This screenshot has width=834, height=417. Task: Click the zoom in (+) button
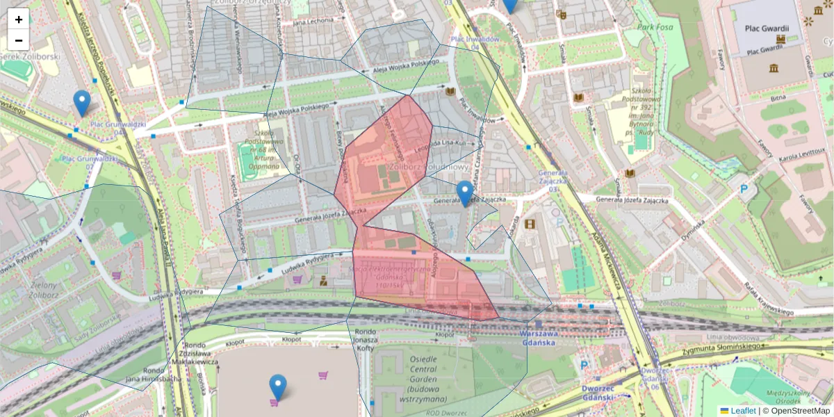point(19,19)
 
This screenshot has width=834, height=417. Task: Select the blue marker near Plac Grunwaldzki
point(82,103)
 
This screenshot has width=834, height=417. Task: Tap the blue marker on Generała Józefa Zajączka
point(465,193)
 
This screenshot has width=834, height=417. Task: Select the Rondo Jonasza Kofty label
point(366,341)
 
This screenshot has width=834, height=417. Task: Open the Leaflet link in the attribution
point(742,411)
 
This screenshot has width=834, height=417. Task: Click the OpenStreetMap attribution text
point(800,411)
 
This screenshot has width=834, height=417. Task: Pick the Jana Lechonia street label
point(313,22)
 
